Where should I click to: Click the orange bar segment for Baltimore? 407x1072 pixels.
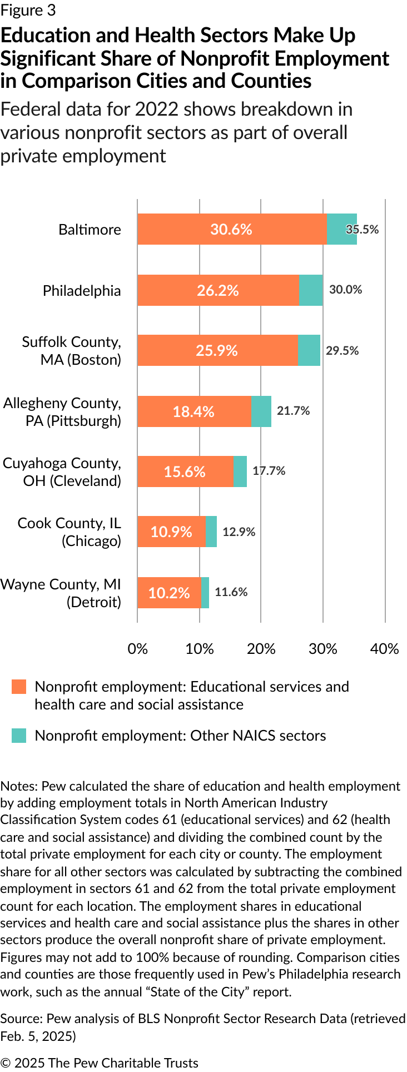point(232,229)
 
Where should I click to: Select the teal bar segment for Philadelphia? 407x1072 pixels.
point(311,290)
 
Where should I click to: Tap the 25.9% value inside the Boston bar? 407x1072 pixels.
point(217,351)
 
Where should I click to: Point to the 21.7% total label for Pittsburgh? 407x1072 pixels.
point(294,411)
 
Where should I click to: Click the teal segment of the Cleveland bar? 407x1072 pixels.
point(240,472)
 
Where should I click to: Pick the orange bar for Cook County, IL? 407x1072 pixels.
point(171,532)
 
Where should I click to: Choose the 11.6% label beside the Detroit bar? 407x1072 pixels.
point(231,592)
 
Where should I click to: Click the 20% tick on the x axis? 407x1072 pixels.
point(261,649)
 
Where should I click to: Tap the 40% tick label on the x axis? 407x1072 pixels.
point(385,649)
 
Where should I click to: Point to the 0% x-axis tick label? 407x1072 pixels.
point(138,649)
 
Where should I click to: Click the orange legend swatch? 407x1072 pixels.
point(19,687)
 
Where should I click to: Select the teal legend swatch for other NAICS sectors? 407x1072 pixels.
point(19,736)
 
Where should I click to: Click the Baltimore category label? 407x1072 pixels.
point(90,230)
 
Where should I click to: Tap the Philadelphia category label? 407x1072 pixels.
point(82,291)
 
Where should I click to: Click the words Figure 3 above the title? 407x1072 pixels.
point(28,11)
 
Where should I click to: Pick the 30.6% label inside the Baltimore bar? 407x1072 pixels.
point(231,230)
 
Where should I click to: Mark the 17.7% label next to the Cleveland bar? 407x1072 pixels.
point(269,471)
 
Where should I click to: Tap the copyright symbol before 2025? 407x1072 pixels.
point(6,1063)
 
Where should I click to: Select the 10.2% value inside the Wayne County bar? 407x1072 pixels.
point(169,593)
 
